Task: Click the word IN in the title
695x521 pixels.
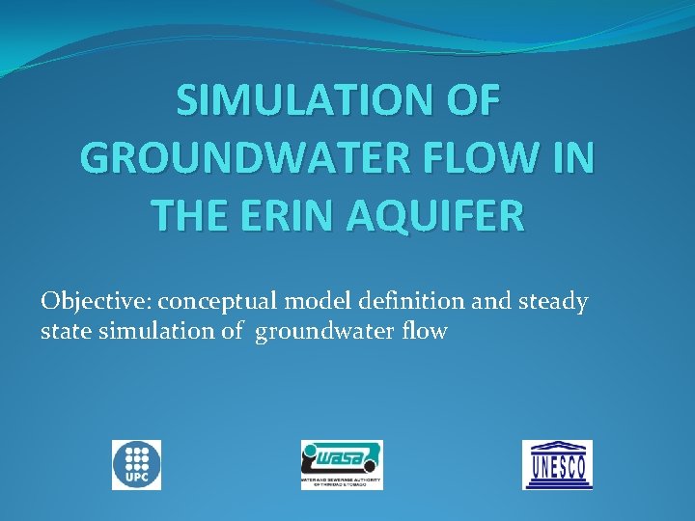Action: point(571,157)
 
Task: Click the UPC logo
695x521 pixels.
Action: point(136,465)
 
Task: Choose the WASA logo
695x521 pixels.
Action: point(341,464)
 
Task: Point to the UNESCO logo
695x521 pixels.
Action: point(558,464)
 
